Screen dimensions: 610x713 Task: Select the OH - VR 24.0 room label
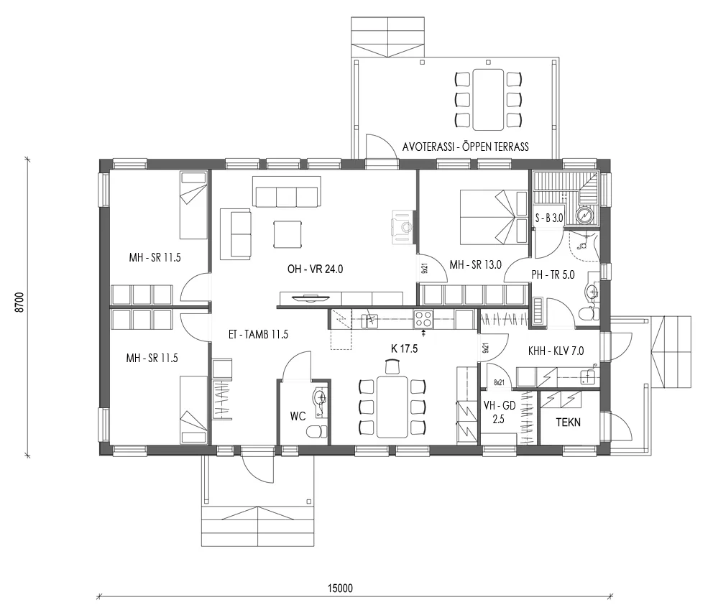(x=316, y=270)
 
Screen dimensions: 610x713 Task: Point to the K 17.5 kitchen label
(x=405, y=348)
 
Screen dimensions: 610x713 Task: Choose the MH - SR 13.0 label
(x=475, y=265)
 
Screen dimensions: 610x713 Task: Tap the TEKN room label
(x=569, y=422)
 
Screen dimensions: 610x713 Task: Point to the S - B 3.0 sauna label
(x=550, y=217)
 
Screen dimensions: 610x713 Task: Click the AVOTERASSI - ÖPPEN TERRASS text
(x=466, y=147)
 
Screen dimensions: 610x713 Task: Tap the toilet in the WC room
(x=314, y=432)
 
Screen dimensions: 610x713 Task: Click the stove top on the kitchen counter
(x=424, y=319)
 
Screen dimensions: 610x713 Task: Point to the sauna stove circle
(x=586, y=213)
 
